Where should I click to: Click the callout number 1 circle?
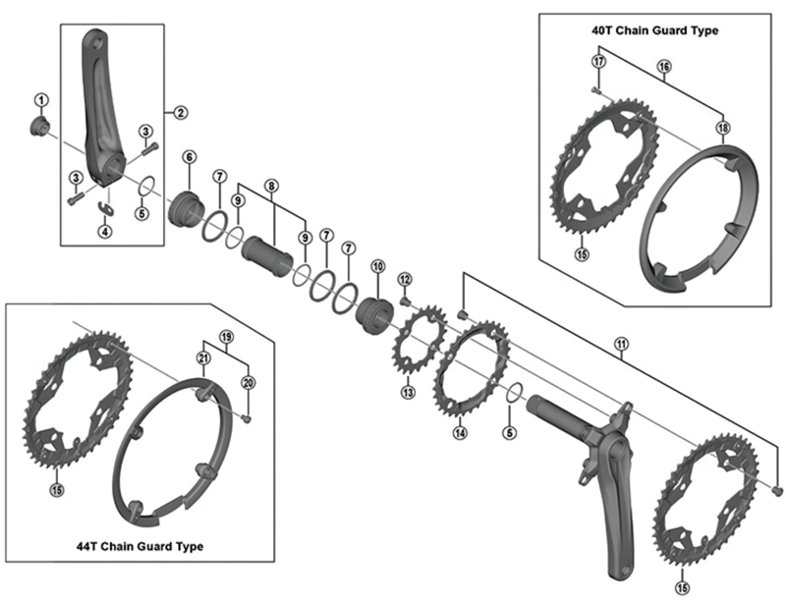tap(41, 98)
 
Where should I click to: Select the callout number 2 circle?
tap(181, 112)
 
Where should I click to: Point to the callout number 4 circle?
tap(104, 232)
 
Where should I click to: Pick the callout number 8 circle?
tap(271, 185)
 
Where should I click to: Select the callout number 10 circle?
tap(376, 266)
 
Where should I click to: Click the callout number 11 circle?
tap(620, 343)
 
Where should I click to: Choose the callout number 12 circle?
tap(404, 280)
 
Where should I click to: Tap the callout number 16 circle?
tap(664, 67)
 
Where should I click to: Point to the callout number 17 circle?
tap(596, 62)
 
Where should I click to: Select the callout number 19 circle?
tap(226, 337)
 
